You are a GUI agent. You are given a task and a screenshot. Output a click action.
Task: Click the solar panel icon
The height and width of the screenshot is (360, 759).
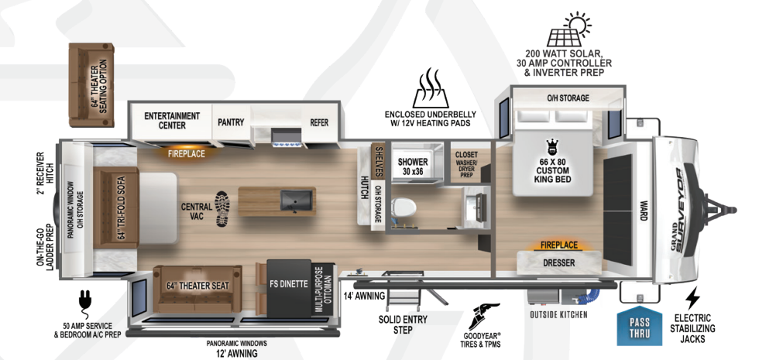[x=569, y=29]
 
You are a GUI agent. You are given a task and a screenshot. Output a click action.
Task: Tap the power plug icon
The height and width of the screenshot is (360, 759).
[x=85, y=301]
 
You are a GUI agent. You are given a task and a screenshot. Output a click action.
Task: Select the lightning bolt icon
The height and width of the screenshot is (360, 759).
[x=693, y=298]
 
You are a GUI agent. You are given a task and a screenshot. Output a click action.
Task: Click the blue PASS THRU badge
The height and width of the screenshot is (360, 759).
[x=640, y=326]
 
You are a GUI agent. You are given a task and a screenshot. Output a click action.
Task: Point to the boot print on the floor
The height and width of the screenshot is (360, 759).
[x=222, y=209]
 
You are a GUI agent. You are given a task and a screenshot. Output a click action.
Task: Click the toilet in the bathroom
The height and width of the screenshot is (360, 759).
[x=404, y=207]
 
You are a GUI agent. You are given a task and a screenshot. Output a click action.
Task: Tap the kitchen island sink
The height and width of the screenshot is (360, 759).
[x=296, y=201]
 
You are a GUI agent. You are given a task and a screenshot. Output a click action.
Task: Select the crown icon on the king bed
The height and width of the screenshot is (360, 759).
[x=551, y=146]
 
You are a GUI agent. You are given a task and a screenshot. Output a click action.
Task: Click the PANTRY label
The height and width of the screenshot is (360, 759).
[x=231, y=122]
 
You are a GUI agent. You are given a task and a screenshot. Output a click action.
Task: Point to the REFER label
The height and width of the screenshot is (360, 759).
[x=319, y=122]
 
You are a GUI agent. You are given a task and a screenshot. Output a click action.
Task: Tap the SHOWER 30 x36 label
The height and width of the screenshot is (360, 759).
[x=413, y=166]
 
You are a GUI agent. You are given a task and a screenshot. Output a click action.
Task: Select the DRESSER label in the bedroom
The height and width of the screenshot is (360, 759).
[x=558, y=262]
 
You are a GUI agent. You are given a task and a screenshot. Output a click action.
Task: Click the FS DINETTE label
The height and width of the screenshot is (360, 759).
[x=289, y=284]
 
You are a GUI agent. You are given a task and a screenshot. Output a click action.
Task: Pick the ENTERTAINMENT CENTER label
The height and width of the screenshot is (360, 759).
[x=172, y=121]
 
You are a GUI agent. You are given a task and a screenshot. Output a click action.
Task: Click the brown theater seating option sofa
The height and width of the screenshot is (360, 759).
[x=91, y=85]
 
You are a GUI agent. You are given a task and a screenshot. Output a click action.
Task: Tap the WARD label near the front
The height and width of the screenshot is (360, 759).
[x=644, y=211]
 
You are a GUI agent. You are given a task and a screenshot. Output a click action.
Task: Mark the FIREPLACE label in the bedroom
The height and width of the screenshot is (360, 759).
[x=559, y=245]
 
